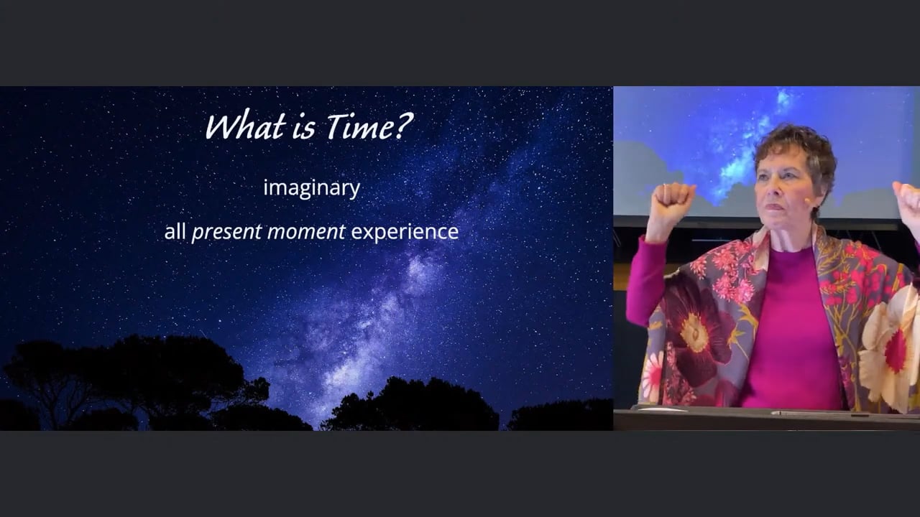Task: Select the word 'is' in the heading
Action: point(304,127)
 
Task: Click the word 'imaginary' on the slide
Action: point(312,189)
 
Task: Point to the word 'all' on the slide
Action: point(175,231)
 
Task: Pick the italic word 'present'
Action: point(226,233)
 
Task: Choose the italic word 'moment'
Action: point(306,232)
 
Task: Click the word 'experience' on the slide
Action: point(405,233)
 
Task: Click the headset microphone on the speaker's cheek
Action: point(807,200)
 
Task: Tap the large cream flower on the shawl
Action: point(891,349)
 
